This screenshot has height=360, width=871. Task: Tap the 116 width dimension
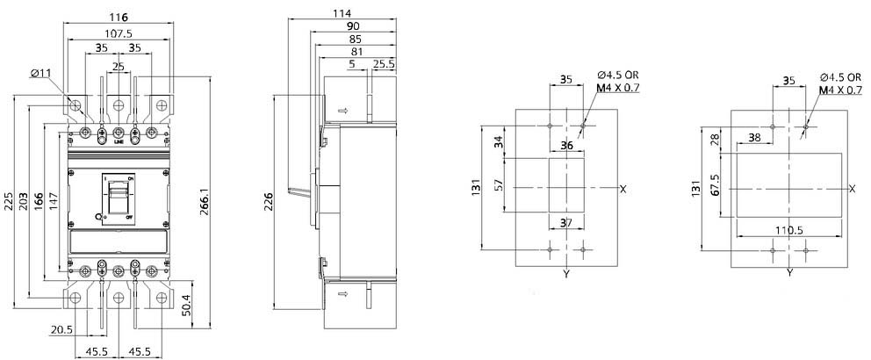tap(119, 18)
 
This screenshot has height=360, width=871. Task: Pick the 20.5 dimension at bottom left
tap(61, 330)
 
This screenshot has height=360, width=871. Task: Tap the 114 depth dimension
tap(342, 13)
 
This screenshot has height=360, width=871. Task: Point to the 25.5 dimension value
tap(384, 64)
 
